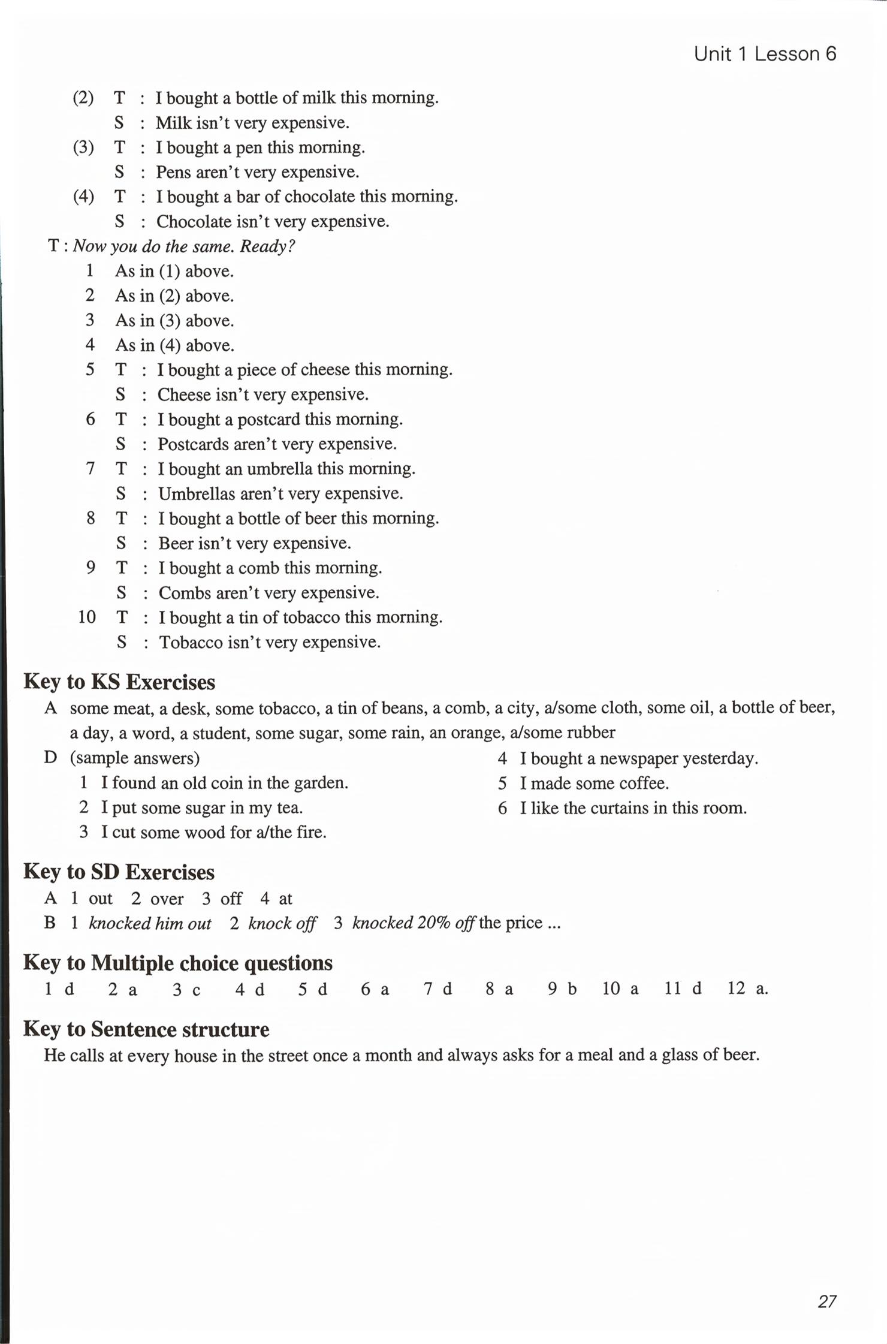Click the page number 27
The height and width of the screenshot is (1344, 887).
826,1301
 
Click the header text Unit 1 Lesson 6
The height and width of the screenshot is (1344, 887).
765,54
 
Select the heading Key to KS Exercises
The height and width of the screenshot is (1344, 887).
119,682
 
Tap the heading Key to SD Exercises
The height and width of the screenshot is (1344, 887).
119,872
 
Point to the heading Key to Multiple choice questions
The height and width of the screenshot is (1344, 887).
178,963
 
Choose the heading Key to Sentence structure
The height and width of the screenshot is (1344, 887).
146,1029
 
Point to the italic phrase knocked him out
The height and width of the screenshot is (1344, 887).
150,923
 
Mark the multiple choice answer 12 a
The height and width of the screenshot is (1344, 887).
747,989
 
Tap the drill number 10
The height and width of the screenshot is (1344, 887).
87,617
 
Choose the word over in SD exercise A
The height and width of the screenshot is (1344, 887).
167,899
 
